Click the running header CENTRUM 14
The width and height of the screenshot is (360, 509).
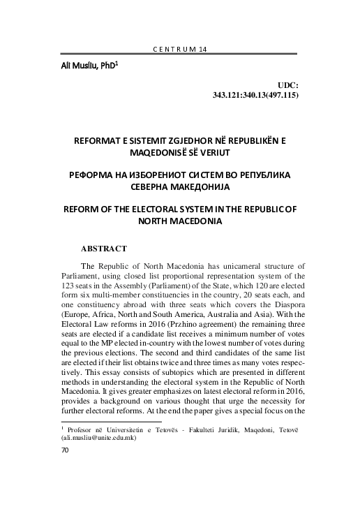pos(179,50)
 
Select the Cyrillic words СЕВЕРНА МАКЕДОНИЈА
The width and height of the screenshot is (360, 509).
pos(179,186)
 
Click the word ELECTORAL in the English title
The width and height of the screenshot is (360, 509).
pos(168,209)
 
